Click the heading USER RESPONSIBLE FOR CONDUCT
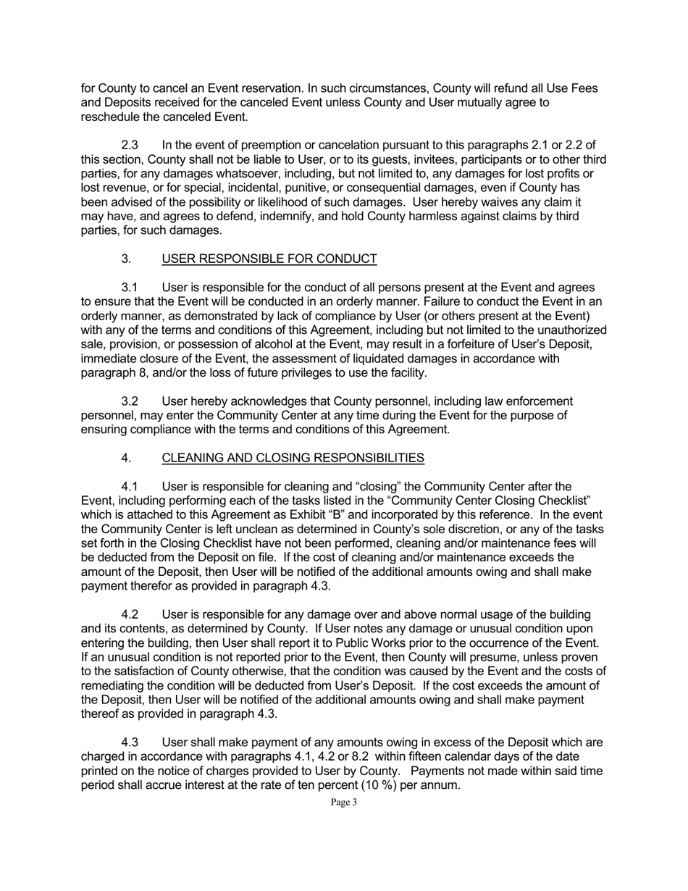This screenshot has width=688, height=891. click(269, 259)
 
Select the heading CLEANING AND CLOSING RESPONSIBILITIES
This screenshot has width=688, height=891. click(293, 458)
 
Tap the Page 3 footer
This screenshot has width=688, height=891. click(344, 802)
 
